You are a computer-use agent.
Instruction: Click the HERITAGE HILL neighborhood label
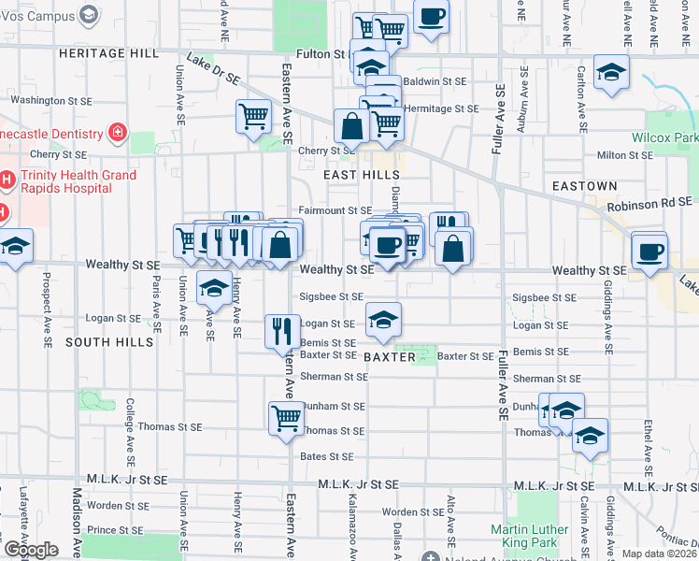click(108, 53)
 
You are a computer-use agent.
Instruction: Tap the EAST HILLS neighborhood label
click(355, 176)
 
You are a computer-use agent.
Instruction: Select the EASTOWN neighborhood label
click(584, 186)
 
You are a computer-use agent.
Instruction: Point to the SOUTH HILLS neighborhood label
click(109, 343)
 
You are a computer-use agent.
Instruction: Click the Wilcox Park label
click(671, 138)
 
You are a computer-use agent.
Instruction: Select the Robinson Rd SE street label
click(649, 202)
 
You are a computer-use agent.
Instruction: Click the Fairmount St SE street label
click(335, 210)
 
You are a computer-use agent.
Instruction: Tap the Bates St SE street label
click(327, 456)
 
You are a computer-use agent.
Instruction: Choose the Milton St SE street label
click(623, 154)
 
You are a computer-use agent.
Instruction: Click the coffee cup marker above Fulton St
click(431, 18)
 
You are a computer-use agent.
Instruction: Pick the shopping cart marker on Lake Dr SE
click(253, 117)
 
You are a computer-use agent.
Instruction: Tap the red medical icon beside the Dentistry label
click(118, 132)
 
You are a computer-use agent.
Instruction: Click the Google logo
click(30, 549)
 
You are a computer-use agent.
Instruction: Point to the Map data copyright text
click(658, 554)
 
